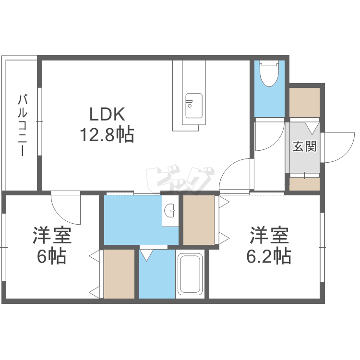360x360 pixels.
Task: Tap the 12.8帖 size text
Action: click(107, 135)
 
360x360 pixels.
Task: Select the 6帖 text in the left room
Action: click(52, 257)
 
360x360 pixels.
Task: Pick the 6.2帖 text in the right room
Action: click(269, 257)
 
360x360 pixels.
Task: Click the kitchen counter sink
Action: click(193, 106)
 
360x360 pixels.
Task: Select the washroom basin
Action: click(169, 210)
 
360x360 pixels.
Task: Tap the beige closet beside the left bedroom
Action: click(120, 274)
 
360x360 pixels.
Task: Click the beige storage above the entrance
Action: click(304, 102)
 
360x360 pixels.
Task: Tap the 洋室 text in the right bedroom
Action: click(269, 236)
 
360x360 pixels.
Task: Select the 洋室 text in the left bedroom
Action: click(52, 236)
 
